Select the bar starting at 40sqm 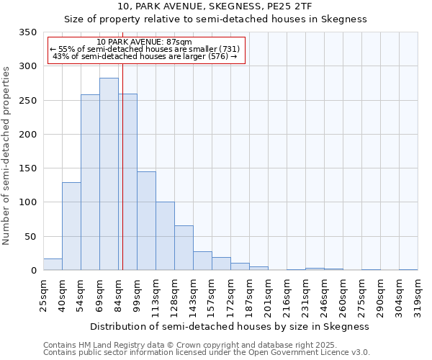click(x=71, y=226)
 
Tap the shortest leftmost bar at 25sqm click(x=53, y=264)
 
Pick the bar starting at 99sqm click(x=146, y=220)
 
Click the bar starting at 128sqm click(x=184, y=248)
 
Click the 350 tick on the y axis click(x=28, y=32)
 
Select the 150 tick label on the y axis click(x=28, y=168)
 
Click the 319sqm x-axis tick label click(x=418, y=295)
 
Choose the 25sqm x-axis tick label click(x=44, y=295)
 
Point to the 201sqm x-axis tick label click(x=269, y=295)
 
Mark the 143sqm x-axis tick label click(x=194, y=295)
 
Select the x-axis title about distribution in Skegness click(x=230, y=326)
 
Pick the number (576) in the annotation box click(x=217, y=56)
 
